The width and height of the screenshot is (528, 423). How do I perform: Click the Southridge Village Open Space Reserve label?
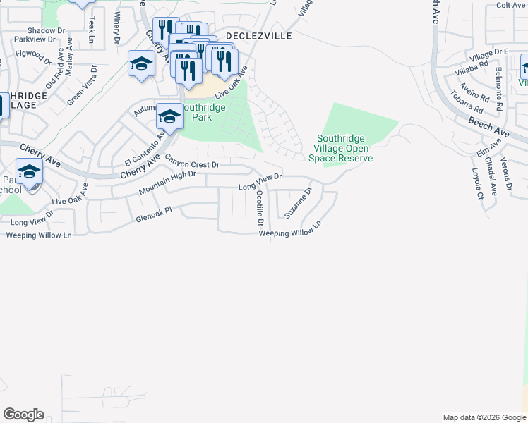coord(344,148)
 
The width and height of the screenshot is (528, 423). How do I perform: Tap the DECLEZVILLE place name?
coord(258,35)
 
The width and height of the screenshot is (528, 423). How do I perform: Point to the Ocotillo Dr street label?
coord(260,208)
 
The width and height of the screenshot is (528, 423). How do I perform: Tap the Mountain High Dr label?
coord(167,183)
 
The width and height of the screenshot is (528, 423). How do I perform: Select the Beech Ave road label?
coord(488,127)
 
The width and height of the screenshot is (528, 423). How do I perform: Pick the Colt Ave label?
coord(512,5)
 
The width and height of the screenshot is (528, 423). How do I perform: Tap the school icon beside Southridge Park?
coord(169,116)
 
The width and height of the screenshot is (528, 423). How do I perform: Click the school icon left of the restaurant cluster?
coord(141,63)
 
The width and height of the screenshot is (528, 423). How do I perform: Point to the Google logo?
coord(23,415)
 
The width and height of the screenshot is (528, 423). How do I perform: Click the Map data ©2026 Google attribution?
coord(484,417)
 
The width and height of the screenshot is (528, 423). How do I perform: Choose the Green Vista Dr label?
coord(82,85)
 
